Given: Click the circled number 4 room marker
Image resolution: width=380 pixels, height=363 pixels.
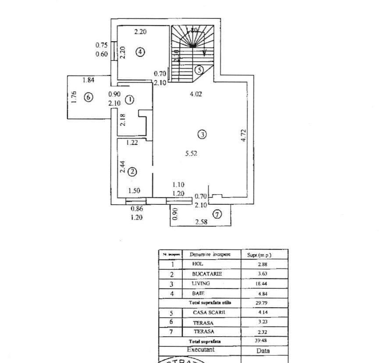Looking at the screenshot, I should coord(140,52).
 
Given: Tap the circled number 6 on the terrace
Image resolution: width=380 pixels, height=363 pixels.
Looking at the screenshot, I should coord(88,97).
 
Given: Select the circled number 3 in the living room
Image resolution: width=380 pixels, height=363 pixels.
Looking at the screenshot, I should coord(202,135).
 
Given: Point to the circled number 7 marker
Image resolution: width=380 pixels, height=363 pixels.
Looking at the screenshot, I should coord(217,214).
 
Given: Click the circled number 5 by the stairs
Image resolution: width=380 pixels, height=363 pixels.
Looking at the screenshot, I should coord(199,69).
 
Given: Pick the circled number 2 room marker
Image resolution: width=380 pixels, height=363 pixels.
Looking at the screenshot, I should coord(132,172).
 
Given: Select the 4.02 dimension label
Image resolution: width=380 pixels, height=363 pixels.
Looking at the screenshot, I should coord(195,93).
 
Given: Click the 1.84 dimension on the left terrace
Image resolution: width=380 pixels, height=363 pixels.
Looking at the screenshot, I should coord(89,80).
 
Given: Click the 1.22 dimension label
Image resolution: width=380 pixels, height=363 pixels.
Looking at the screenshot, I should coord(132,142).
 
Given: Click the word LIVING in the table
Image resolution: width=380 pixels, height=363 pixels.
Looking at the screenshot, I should coord(201,284).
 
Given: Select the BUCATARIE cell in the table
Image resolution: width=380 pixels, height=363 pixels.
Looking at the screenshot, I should coord(207,274).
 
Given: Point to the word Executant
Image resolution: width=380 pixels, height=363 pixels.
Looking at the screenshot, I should coord(201,350).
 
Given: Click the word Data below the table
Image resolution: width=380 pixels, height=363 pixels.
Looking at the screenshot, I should coord(263,351).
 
